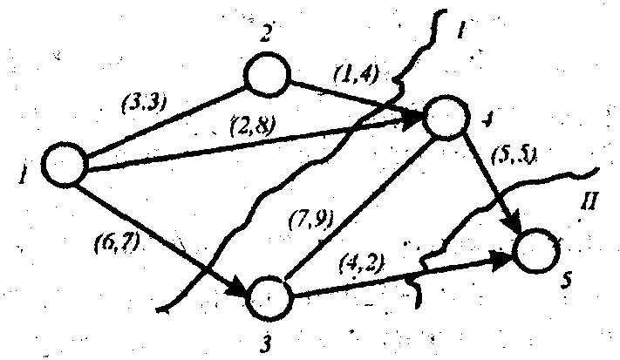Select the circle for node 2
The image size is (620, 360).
268,75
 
